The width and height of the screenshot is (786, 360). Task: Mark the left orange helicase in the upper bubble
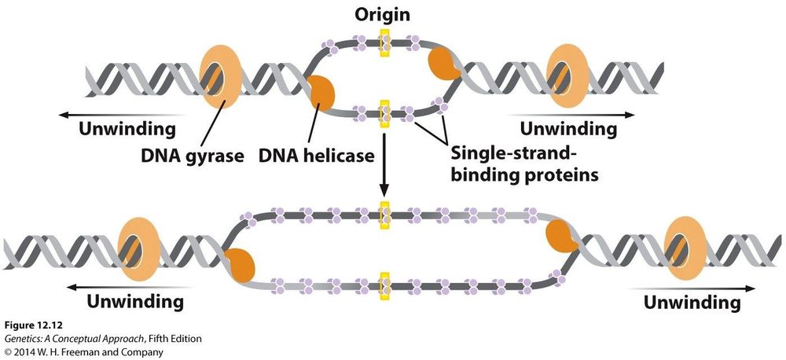[322, 94]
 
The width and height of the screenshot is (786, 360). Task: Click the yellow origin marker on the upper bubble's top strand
[384, 42]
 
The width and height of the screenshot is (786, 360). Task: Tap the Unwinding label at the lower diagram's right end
[692, 302]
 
